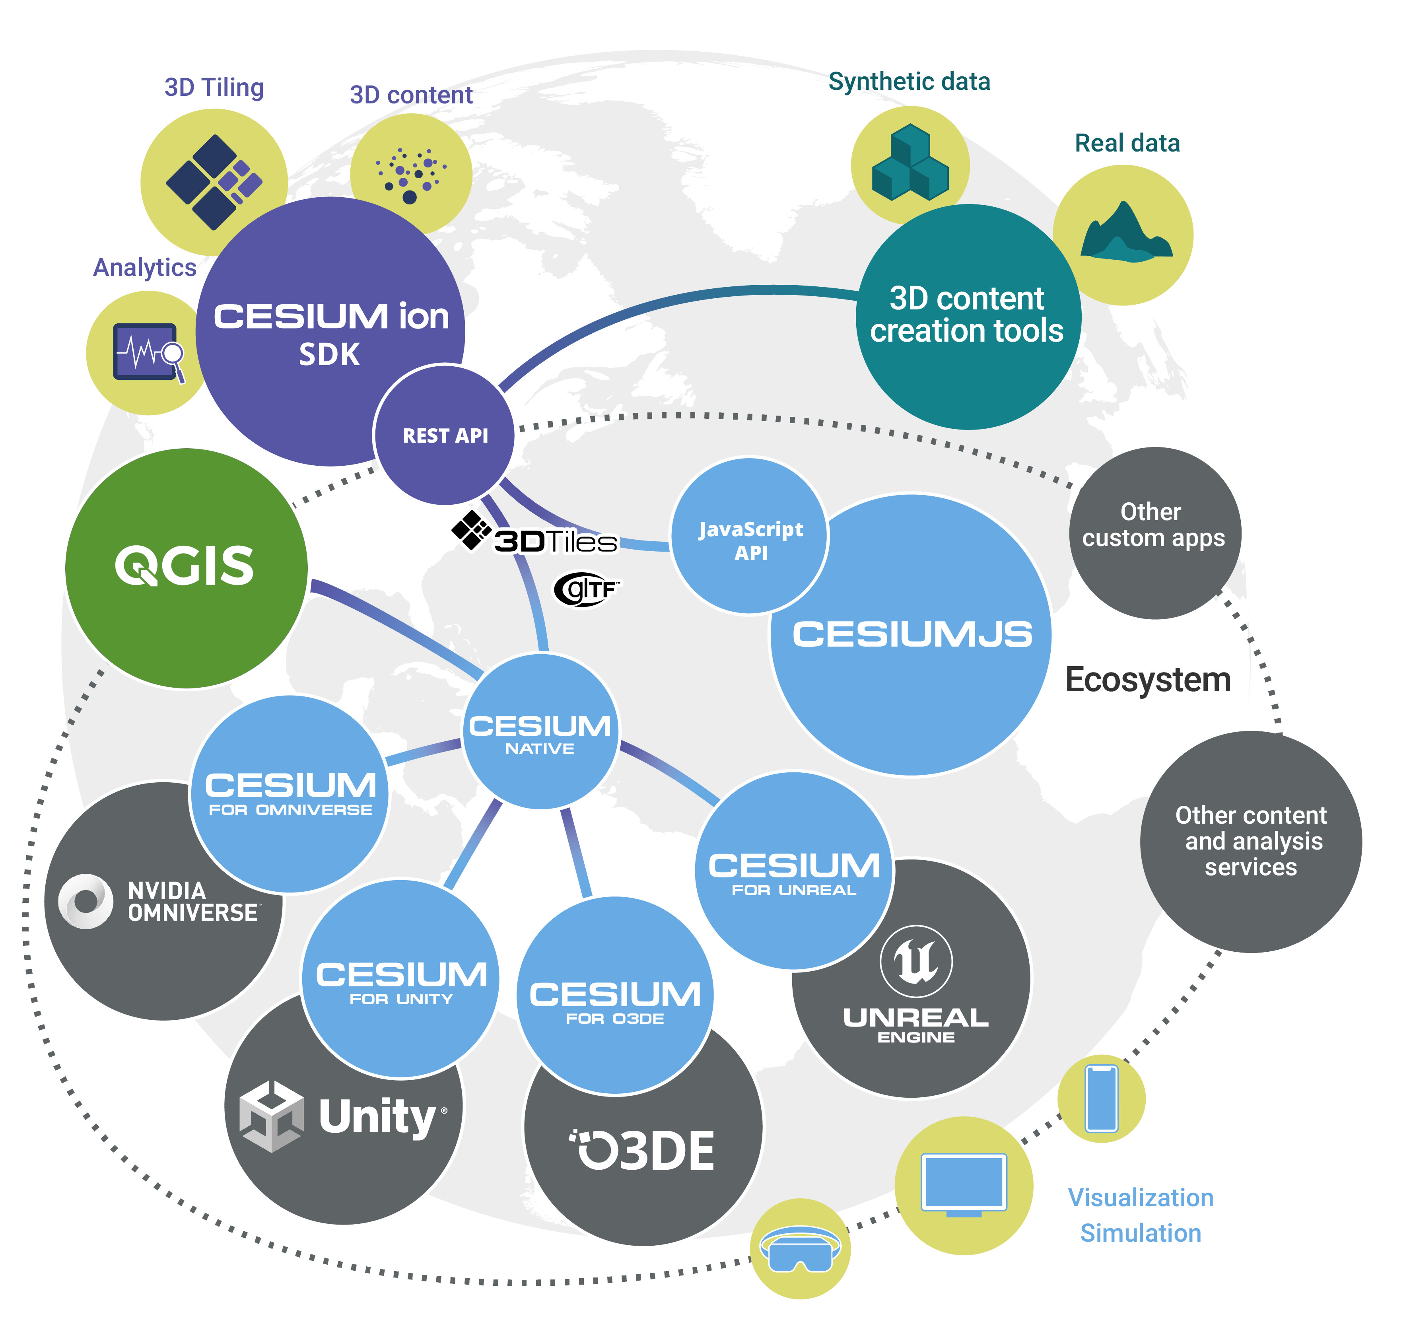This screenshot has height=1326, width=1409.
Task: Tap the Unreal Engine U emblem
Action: (916, 961)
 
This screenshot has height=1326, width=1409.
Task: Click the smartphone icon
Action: (1102, 1099)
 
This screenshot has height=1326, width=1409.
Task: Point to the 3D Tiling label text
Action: (214, 87)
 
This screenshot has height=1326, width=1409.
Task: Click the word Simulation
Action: (1141, 1233)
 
